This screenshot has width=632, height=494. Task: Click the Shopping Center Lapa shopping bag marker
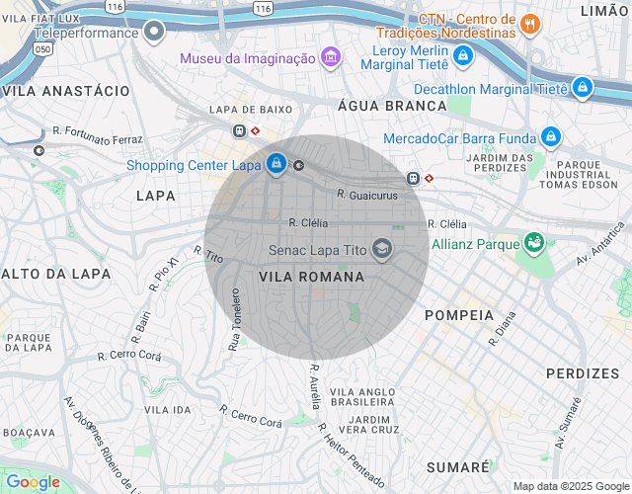click(276, 164)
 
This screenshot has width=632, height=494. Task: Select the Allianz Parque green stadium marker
click(534, 242)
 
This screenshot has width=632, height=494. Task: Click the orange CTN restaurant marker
click(530, 23)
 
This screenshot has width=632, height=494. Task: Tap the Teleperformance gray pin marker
click(153, 33)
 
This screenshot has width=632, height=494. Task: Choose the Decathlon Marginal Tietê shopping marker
click(583, 88)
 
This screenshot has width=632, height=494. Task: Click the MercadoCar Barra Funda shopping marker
click(551, 137)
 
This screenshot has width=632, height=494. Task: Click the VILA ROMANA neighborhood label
click(311, 278)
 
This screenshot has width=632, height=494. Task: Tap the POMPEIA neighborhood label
click(458, 314)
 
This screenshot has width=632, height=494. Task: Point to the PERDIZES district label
click(583, 373)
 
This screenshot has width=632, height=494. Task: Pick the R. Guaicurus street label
click(366, 196)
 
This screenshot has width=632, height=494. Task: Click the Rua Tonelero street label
click(235, 320)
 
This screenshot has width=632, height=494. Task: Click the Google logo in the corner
click(33, 481)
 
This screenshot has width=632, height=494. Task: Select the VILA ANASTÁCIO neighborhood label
click(66, 90)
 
